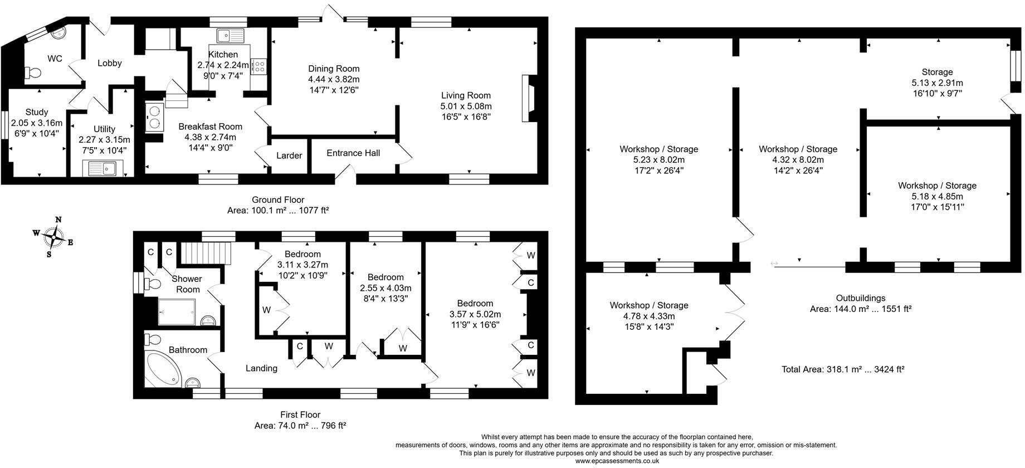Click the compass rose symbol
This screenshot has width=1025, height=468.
coord(53,237)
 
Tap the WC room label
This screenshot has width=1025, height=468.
coord(54,58)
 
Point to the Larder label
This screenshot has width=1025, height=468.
coord(289,155)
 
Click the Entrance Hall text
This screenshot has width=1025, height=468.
coord(353,153)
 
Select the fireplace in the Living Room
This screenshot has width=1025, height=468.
coord(528,98)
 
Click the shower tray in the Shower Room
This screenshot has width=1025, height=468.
coord(177,311)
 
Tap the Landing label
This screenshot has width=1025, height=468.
coord(261,368)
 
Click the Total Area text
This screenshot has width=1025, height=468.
coord(842,369)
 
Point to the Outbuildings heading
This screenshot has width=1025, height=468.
coord(860,298)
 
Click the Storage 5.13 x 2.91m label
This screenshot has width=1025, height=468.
coord(937,82)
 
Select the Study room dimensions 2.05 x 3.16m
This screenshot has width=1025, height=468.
coord(37,123)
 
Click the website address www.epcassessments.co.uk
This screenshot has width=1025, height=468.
coord(617,461)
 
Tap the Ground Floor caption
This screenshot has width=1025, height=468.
coord(278,199)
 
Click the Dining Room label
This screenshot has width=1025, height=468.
coord(334,69)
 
